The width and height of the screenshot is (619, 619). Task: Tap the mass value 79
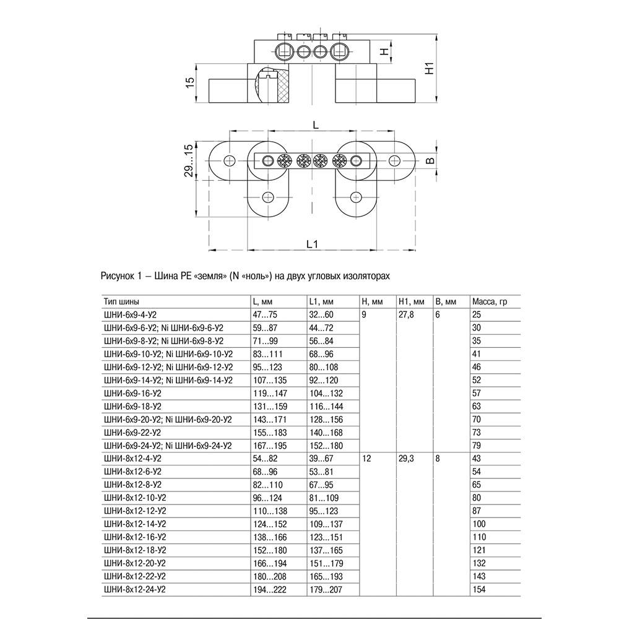click(x=478, y=445)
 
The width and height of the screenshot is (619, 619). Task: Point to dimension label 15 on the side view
click(x=191, y=82)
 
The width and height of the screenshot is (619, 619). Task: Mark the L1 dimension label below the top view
click(x=312, y=243)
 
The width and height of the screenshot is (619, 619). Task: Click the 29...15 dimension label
click(x=189, y=161)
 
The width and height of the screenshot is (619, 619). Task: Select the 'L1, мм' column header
click(x=321, y=302)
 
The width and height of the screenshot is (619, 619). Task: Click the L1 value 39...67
click(x=322, y=458)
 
